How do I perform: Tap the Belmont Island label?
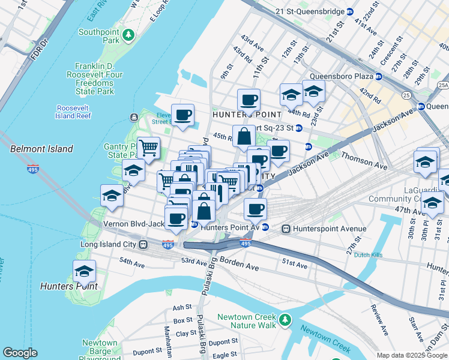click(41, 149)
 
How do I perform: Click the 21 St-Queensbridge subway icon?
click(351, 11)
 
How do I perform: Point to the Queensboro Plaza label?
click(340, 76)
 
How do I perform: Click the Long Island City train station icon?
click(143, 245)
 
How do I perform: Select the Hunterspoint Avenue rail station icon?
click(286, 229)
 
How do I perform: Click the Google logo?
click(20, 353)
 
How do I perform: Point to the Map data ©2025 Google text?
click(411, 355)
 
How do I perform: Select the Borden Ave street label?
click(238, 261)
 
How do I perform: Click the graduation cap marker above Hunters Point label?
click(85, 271)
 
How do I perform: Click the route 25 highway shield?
click(407, 95)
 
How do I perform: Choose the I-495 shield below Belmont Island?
click(33, 169)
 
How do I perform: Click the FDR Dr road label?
click(41, 49)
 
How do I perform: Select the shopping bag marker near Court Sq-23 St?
click(244, 136)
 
